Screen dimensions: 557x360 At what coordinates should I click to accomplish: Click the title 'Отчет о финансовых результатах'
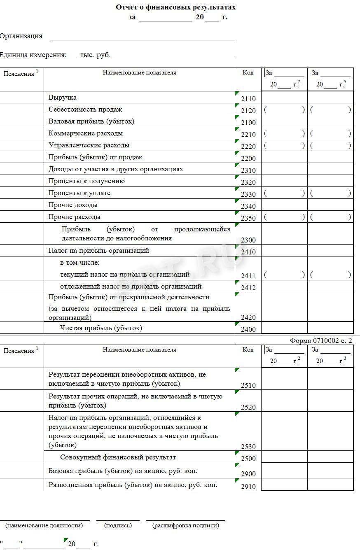[175, 7]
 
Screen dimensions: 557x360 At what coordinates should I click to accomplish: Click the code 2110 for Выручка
[248, 99]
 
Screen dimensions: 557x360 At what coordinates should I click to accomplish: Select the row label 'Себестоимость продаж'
[85, 110]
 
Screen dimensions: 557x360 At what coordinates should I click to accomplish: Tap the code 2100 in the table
[248, 123]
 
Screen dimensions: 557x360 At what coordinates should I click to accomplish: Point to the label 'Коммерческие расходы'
[86, 133]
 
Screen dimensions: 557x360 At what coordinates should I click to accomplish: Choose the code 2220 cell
[248, 147]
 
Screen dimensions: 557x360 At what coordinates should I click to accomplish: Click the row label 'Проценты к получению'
[86, 181]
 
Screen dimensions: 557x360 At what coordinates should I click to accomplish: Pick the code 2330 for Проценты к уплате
[248, 194]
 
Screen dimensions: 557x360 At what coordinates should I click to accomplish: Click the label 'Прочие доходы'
[73, 205]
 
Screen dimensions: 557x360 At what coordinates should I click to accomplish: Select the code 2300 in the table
[248, 240]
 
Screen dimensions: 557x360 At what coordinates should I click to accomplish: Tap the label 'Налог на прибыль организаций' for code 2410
[99, 250]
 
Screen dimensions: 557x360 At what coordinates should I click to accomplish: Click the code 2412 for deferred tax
[248, 288]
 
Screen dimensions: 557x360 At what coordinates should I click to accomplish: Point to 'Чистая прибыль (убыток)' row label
[101, 328]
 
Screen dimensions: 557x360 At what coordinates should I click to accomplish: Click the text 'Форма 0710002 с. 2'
[321, 340]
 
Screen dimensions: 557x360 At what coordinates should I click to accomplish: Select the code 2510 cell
[248, 386]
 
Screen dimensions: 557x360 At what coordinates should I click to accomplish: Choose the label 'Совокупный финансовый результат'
[118, 457]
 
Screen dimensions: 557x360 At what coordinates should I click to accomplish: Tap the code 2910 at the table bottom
[248, 487]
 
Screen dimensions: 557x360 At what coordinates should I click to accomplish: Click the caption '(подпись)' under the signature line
[118, 525]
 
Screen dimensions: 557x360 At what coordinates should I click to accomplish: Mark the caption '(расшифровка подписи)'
[185, 525]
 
